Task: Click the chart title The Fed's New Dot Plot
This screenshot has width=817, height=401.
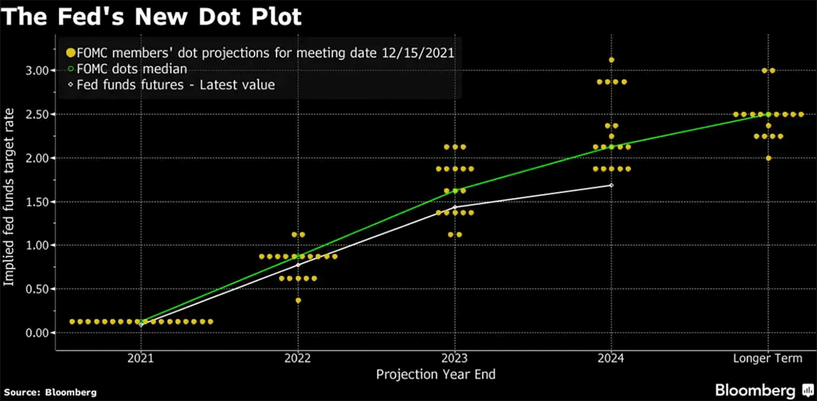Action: coord(151,17)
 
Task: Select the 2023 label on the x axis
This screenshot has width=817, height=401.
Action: coord(455,359)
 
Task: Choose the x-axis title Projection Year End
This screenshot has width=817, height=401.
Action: coord(435,374)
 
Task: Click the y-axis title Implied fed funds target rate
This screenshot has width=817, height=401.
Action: coord(11,201)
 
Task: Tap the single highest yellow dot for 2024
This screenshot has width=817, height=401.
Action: coord(612,59)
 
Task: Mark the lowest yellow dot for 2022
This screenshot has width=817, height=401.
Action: coord(298,300)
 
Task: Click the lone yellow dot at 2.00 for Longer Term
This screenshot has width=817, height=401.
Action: coord(768,158)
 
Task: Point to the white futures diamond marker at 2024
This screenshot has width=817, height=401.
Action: coord(612,185)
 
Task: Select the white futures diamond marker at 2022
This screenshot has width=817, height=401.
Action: coord(298,265)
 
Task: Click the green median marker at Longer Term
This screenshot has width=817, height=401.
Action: coord(768,114)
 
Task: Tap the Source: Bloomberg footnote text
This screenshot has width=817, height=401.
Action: coord(50,392)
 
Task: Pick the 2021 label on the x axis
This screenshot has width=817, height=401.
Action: coord(141,359)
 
